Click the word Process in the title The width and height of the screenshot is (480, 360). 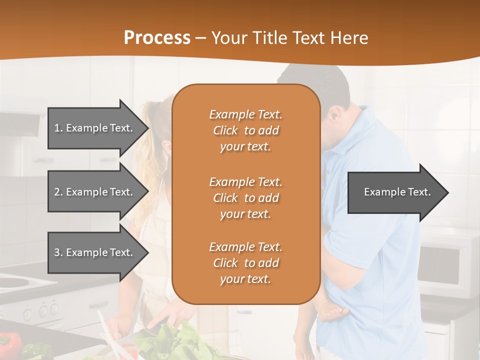[157, 38]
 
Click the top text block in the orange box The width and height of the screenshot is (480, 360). [245, 130]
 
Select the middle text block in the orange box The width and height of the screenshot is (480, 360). [245, 198]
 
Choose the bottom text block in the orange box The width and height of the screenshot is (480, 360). [245, 263]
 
